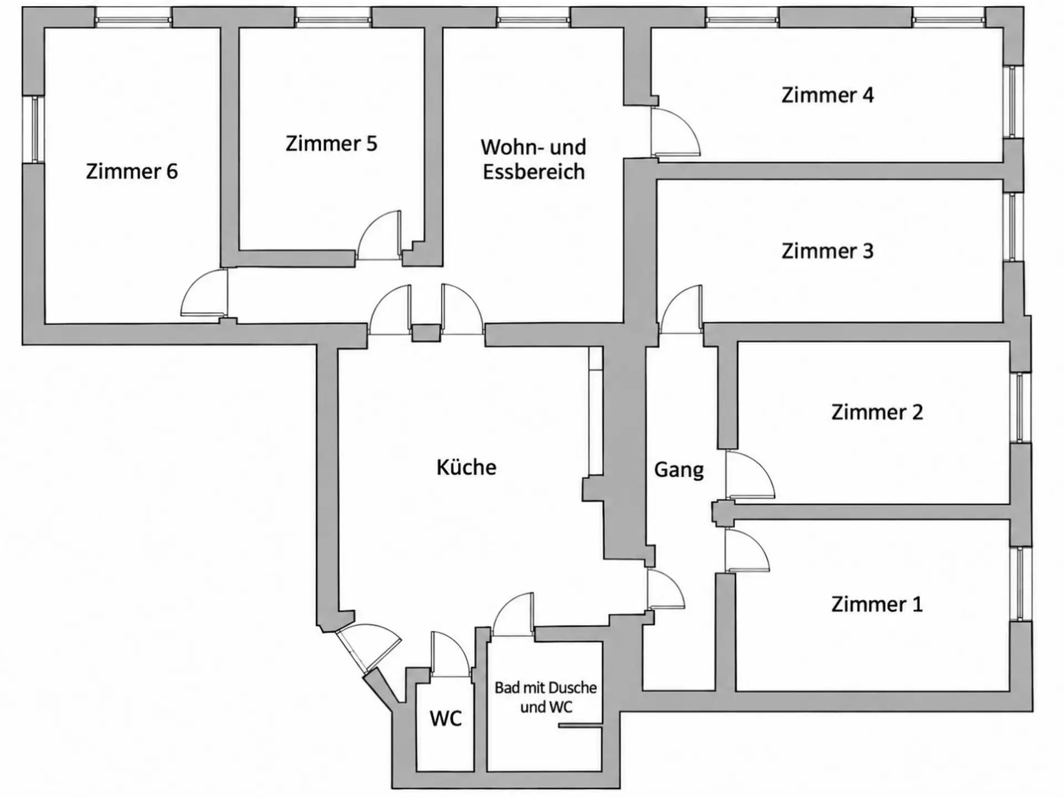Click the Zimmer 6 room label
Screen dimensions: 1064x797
click(x=132, y=171)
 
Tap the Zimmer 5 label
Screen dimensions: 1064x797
click(x=331, y=144)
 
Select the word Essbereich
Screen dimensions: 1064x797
click(x=534, y=172)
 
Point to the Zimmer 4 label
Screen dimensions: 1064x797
click(x=827, y=95)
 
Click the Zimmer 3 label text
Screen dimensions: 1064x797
click(x=827, y=251)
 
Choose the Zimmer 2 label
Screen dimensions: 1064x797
click(x=877, y=412)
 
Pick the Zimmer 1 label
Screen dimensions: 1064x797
click(x=877, y=604)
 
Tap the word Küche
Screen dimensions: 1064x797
click(x=467, y=468)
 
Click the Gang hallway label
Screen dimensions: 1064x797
click(x=679, y=470)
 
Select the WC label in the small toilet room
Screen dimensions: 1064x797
click(x=446, y=719)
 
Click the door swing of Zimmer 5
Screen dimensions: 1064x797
click(x=379, y=235)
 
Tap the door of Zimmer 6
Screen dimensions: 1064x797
click(x=204, y=292)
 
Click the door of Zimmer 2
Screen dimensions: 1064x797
click(x=750, y=475)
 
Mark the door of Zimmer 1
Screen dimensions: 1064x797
click(x=747, y=550)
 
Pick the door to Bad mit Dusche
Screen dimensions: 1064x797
click(x=513, y=615)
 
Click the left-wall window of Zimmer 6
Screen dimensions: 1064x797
click(x=34, y=130)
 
